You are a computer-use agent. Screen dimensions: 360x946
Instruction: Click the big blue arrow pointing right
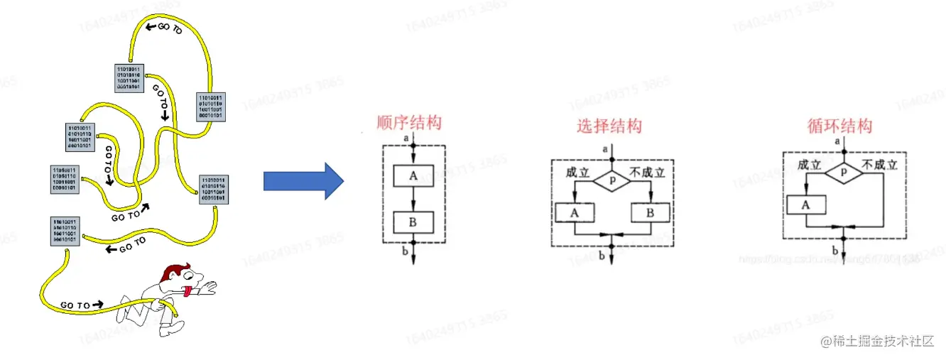point(302,181)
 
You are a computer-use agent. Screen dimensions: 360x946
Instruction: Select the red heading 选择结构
point(609,126)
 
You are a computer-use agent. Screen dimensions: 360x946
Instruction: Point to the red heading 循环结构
point(839,126)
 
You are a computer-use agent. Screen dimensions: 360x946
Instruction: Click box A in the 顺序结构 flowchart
point(413,177)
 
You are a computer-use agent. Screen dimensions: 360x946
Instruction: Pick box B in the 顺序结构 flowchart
point(413,222)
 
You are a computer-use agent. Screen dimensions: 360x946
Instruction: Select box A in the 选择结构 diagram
point(575,212)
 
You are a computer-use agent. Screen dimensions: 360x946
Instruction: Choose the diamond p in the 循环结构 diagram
point(843,173)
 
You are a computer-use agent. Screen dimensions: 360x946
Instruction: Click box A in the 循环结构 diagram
point(806,204)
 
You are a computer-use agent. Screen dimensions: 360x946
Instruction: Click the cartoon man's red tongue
point(185,289)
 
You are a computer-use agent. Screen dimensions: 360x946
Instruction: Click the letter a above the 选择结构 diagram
point(604,148)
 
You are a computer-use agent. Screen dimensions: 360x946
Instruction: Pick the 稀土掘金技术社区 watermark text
point(878,342)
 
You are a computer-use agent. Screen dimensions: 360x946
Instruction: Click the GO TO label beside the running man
point(75,305)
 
